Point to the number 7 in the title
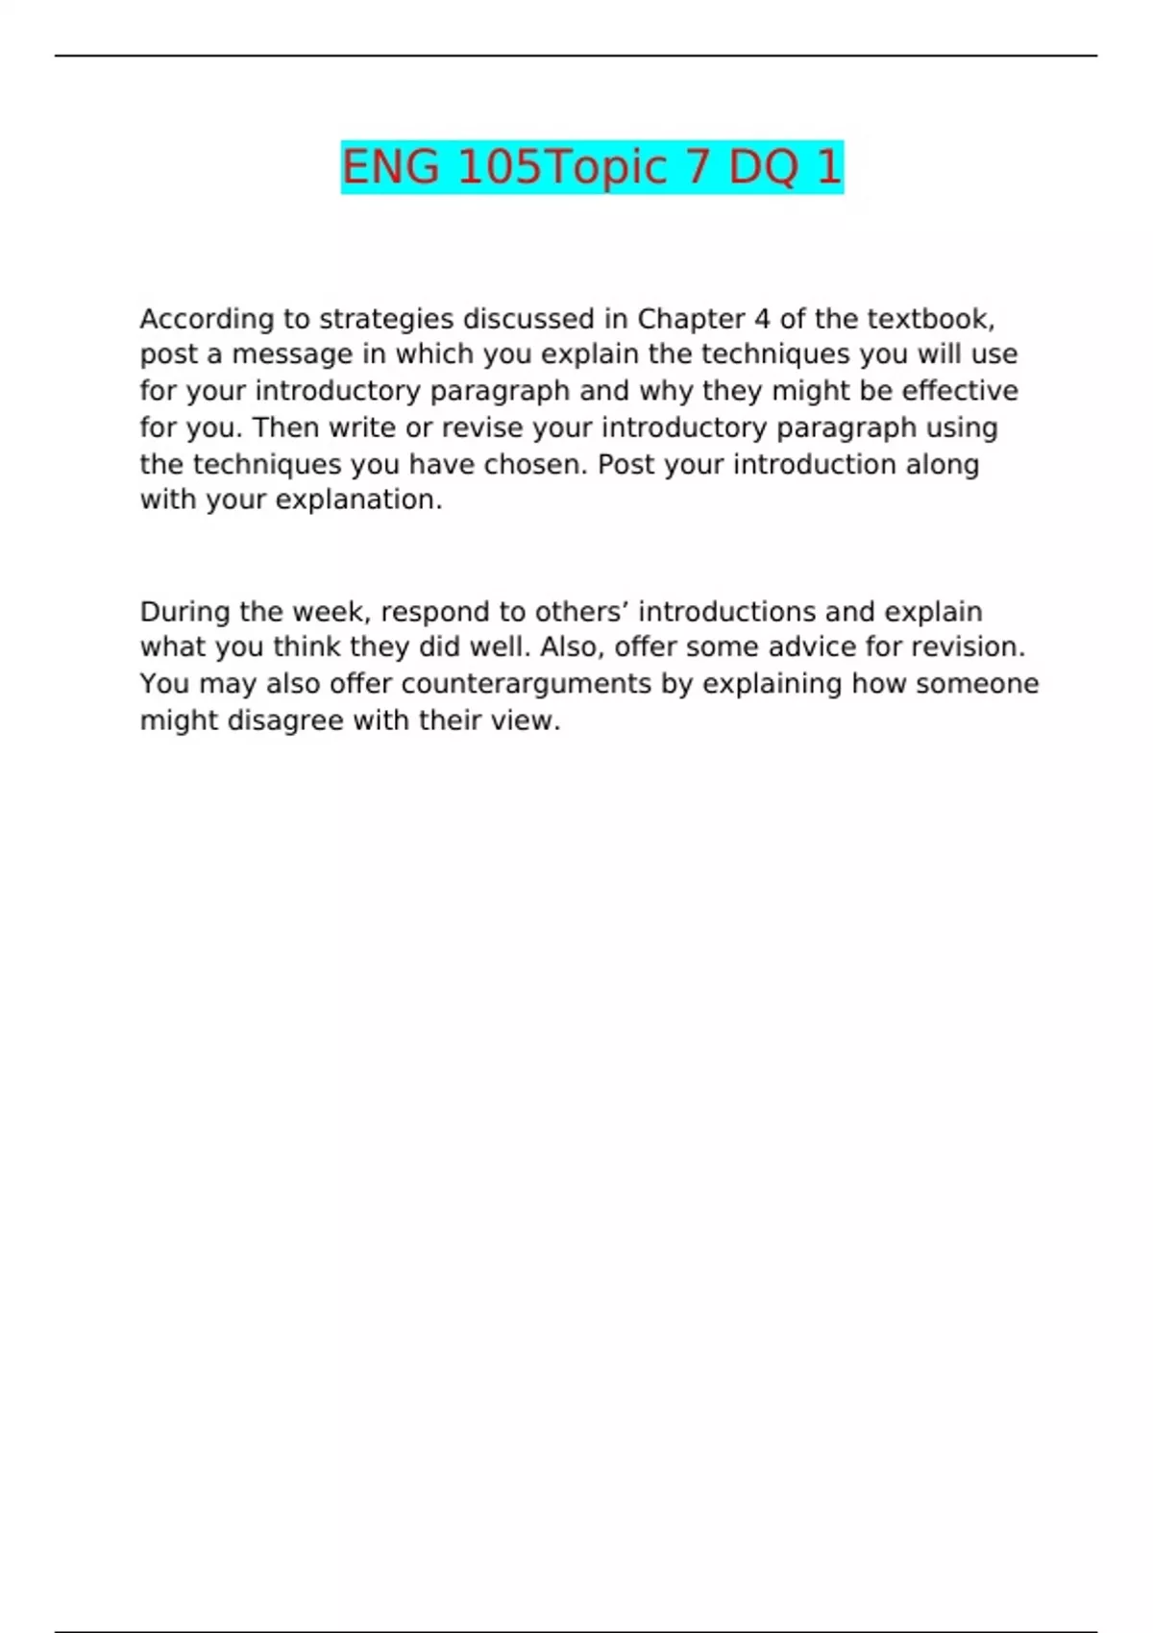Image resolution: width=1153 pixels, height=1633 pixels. pyautogui.click(x=697, y=167)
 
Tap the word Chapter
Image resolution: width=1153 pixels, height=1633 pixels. pyautogui.click(x=691, y=318)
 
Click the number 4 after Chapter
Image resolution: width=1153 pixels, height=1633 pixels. pyautogui.click(x=762, y=318)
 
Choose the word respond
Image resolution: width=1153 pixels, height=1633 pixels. pyautogui.click(x=435, y=613)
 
